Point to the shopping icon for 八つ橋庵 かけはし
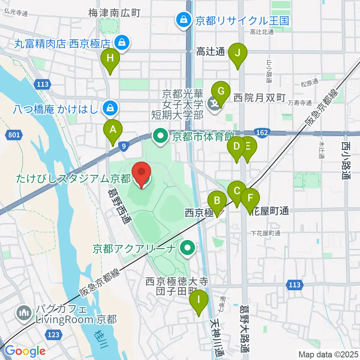[110, 109]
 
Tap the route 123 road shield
[53, 333]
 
